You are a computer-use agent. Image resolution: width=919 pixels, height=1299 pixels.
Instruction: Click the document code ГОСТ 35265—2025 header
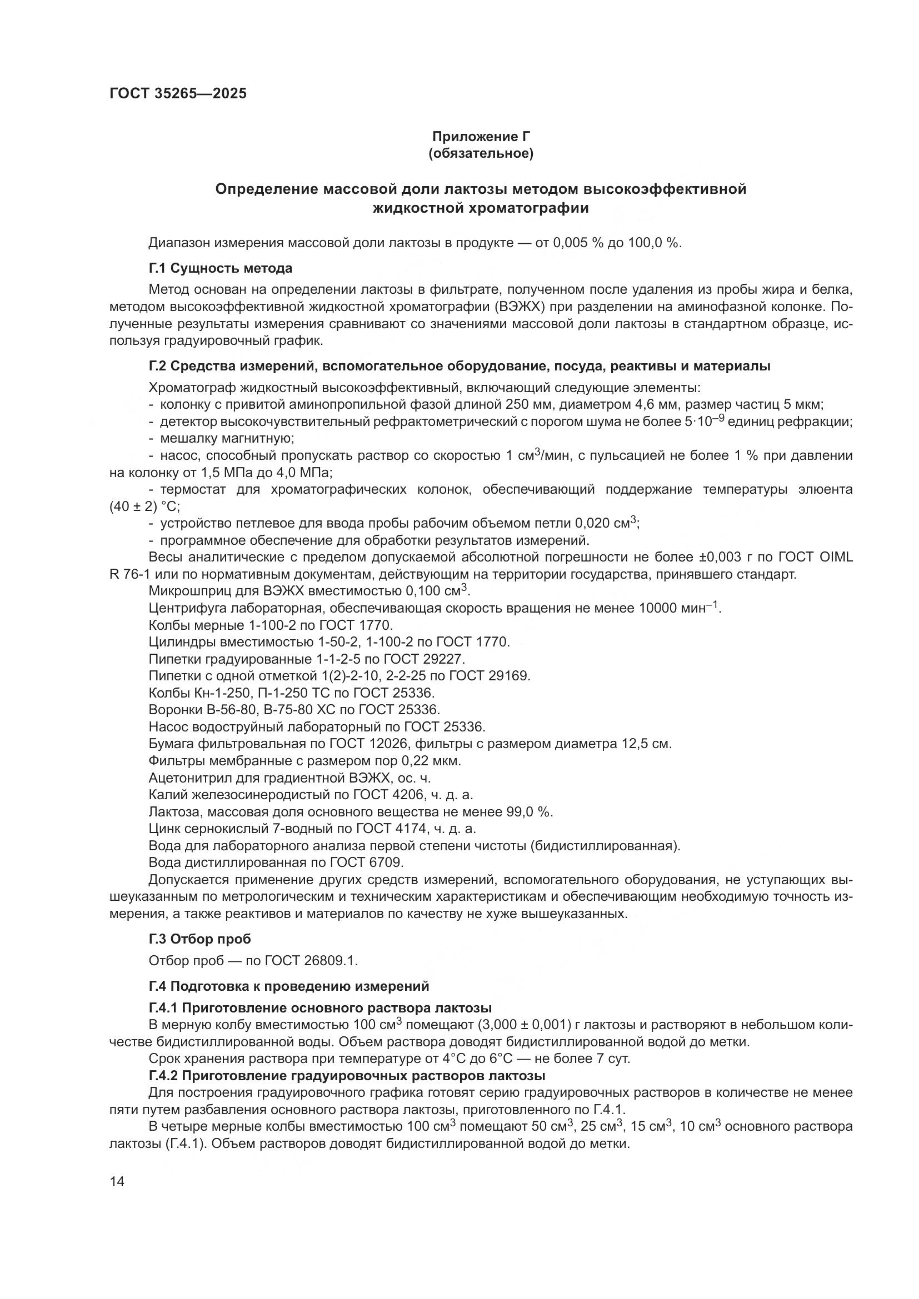tap(178, 94)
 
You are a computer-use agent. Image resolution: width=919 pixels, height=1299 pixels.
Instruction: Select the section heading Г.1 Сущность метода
tap(221, 268)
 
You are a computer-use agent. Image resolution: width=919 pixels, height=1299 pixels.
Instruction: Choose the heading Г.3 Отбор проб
tap(200, 939)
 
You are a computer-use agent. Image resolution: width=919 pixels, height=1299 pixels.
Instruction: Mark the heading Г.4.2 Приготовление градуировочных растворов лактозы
tap(347, 1076)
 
